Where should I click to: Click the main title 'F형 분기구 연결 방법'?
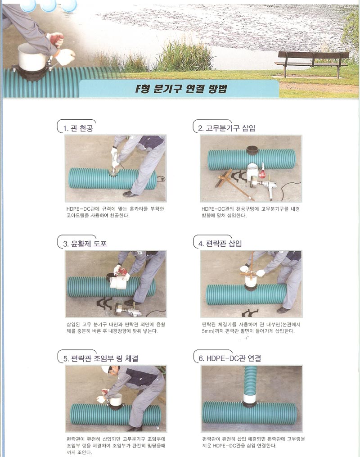coord(181,89)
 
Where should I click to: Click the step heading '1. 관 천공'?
coord(78,128)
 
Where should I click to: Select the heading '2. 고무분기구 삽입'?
coord(227,128)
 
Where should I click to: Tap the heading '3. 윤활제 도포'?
coord(85,244)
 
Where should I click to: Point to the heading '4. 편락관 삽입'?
coord(220,244)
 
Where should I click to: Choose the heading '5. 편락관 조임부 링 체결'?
coord(101,358)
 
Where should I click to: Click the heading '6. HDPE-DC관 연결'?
coord(230,358)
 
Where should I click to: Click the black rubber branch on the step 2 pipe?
coord(252,150)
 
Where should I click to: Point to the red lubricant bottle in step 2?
coord(262,172)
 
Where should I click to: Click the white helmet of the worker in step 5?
coord(105,369)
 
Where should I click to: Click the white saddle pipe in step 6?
coord(250,397)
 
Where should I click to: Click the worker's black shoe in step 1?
coord(130,194)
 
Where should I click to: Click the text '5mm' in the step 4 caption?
coord(207,331)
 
